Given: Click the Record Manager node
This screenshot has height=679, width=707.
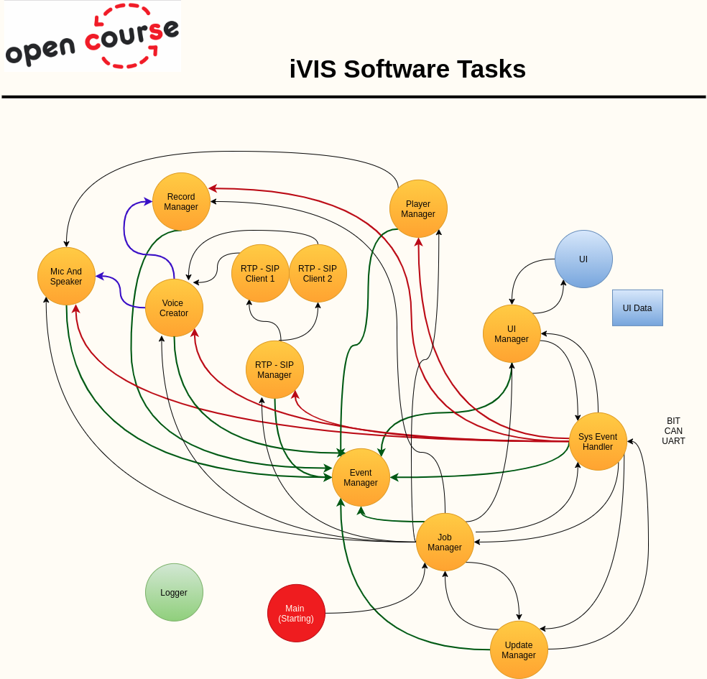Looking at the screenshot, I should click(181, 202).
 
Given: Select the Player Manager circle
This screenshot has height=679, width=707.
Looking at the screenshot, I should click(418, 209).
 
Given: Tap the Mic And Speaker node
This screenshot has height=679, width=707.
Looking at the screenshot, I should click(66, 277).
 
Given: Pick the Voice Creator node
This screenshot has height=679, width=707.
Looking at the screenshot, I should click(174, 308).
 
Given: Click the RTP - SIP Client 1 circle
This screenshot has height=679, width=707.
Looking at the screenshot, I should click(260, 274).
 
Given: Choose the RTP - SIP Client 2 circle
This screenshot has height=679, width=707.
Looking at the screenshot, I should click(318, 274).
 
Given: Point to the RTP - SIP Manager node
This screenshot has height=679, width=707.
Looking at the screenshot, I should click(274, 370).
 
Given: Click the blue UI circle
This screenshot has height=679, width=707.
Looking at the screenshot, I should click(583, 259).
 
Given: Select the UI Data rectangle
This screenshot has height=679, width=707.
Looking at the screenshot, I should click(637, 308).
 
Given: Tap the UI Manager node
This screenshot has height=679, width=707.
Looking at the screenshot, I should click(512, 334).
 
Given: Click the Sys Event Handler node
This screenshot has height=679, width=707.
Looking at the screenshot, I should click(598, 442).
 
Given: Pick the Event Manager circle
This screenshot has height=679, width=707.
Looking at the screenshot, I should click(361, 478).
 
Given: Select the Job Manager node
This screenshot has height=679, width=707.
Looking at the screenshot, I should click(445, 542).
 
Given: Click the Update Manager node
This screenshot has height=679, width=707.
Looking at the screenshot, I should click(519, 650).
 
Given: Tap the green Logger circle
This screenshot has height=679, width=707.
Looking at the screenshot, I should click(174, 593).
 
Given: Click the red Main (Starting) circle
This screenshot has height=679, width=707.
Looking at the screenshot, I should click(296, 614).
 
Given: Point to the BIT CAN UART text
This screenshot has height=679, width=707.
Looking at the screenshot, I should click(673, 431).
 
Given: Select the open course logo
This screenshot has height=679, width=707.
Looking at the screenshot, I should click(93, 37).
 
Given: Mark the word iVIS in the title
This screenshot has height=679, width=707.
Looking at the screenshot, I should click(313, 70).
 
